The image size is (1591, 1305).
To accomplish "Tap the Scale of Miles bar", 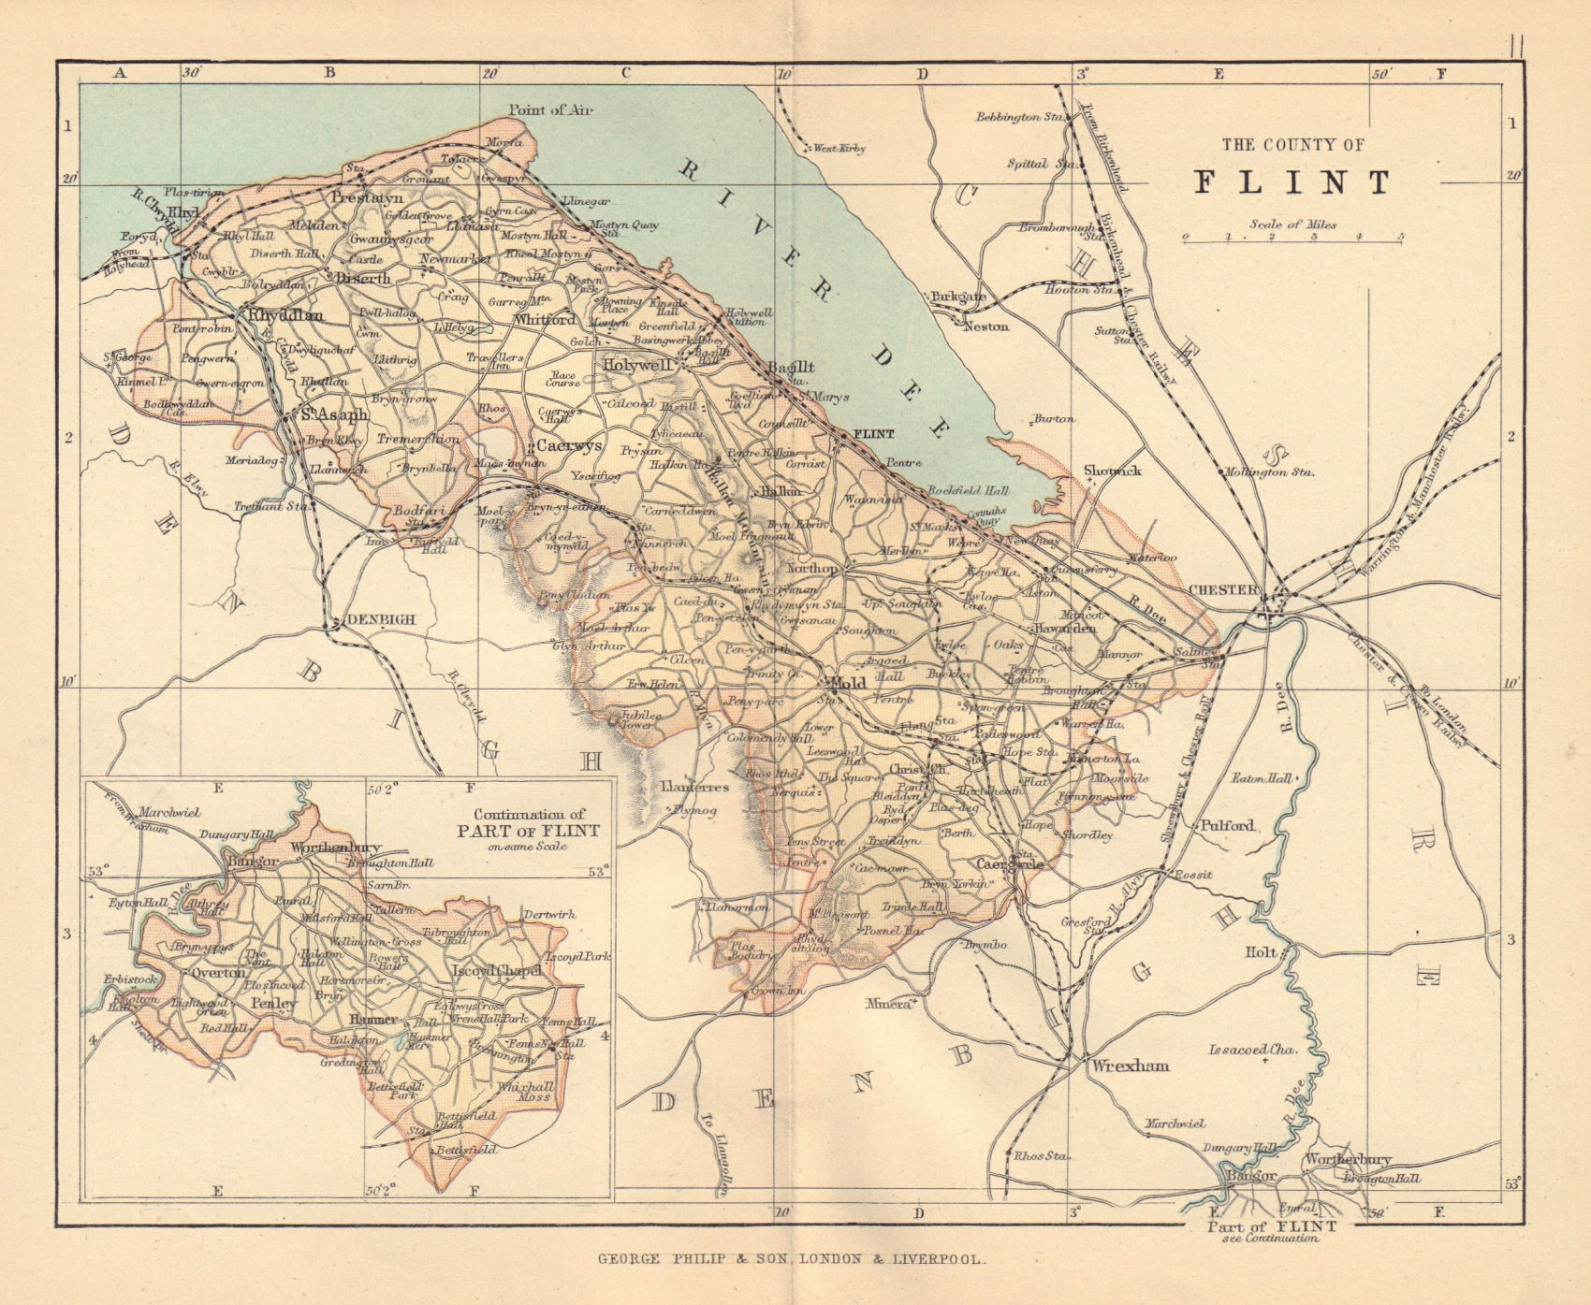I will click(1292, 238).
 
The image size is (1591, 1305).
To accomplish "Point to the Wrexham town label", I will click(1127, 1066).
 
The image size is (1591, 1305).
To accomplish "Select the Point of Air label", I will click(551, 109).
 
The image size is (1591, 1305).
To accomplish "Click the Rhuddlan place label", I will click(284, 315).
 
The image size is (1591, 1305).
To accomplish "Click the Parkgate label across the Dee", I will click(958, 297).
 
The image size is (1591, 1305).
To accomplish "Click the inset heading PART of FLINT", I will click(528, 830).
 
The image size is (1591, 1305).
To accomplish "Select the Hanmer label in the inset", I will click(372, 1019).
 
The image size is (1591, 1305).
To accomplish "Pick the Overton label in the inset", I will click(217, 972).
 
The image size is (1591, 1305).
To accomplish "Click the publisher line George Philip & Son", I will click(791, 1260).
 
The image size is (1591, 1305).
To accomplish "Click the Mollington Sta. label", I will click(1269, 472).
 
